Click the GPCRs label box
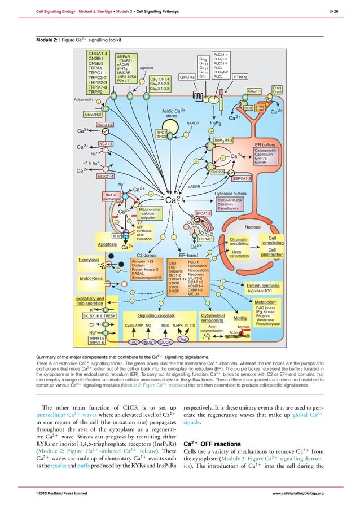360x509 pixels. pyautogui.click(x=187, y=77)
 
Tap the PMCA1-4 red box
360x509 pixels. pyautogui.click(x=106, y=124)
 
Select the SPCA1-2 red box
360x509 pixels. pyautogui.click(x=204, y=213)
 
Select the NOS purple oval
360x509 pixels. pyautogui.click(x=149, y=341)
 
